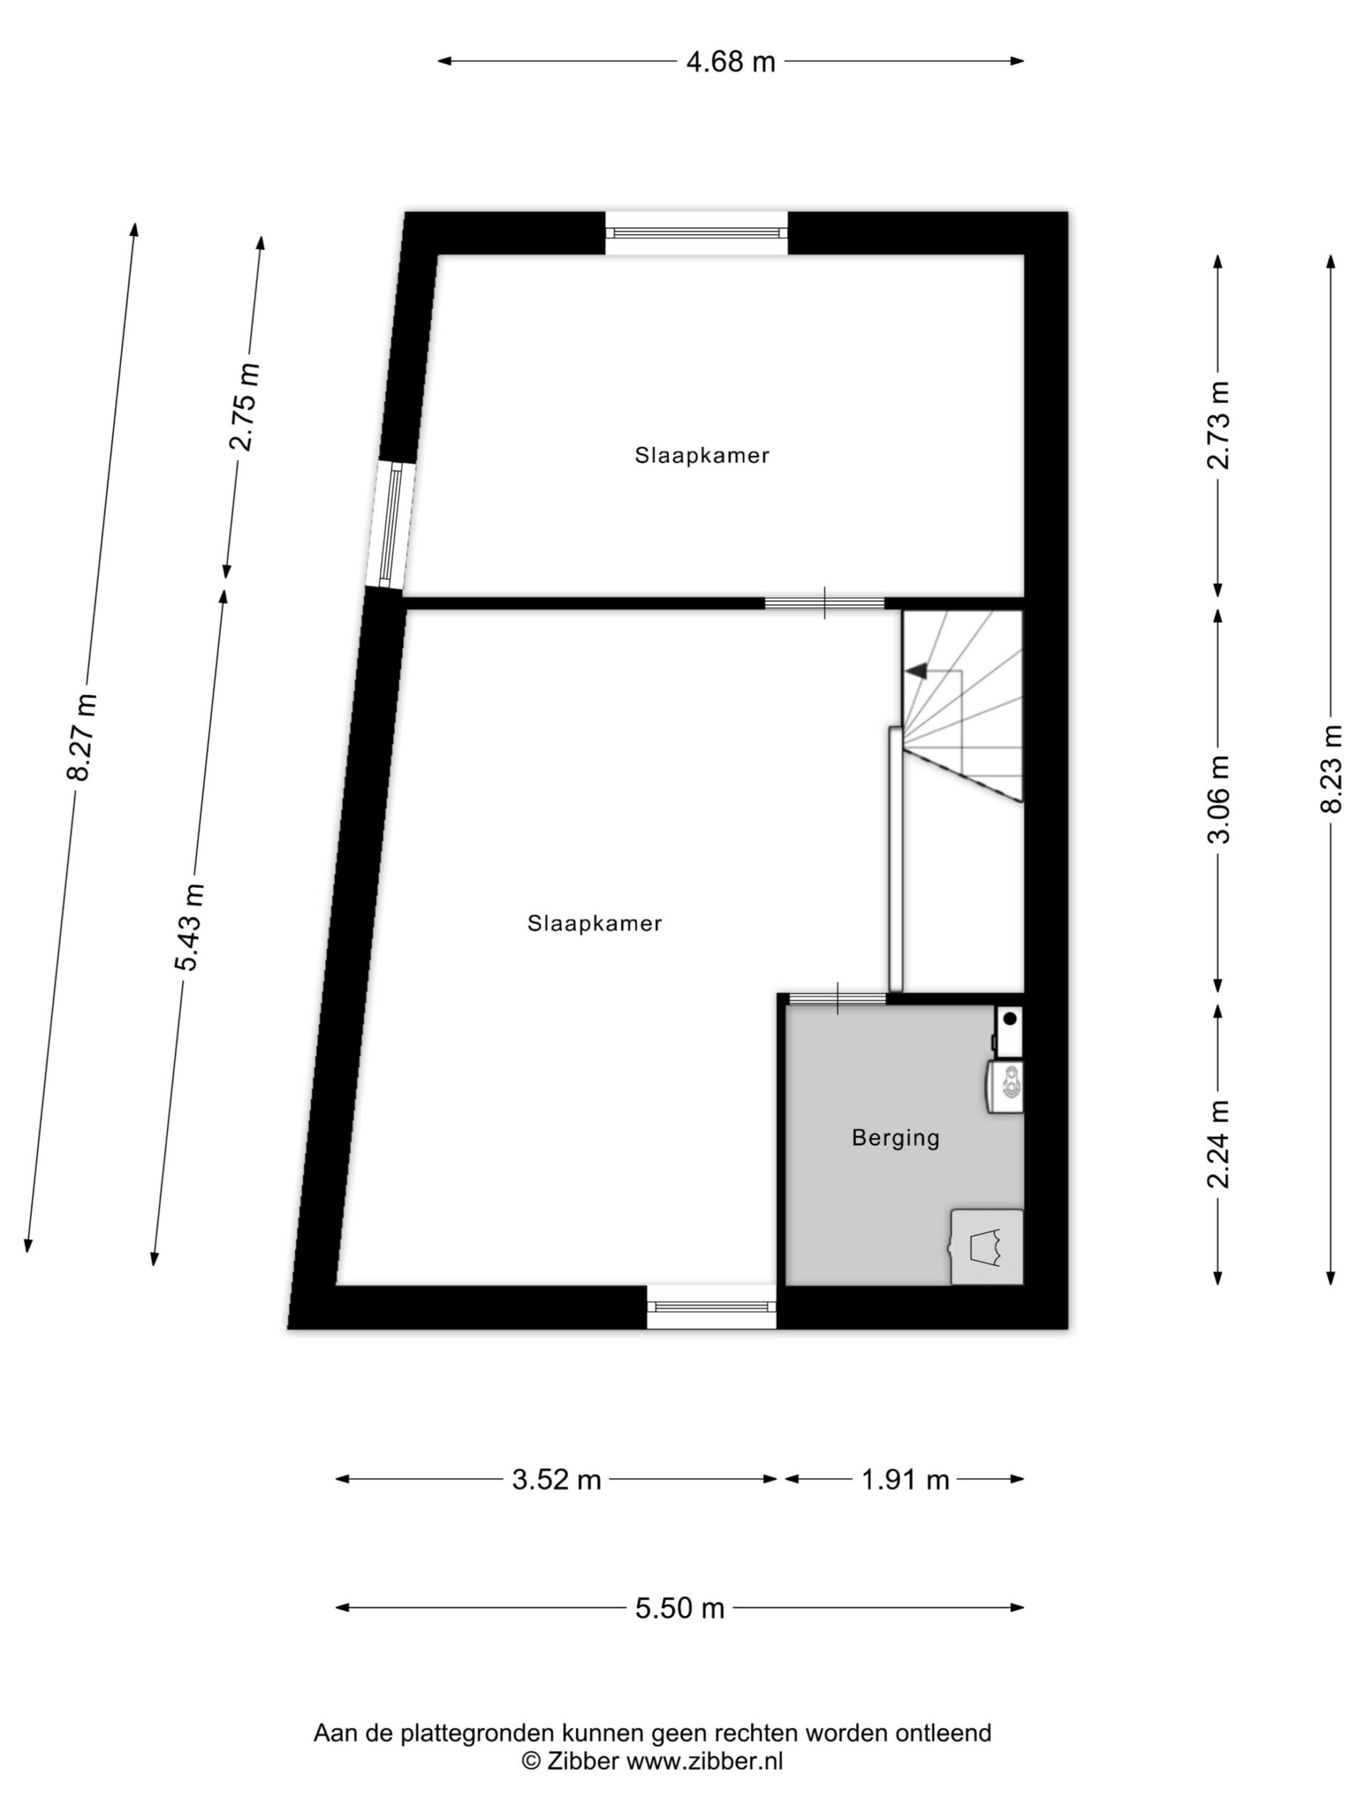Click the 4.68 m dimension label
[731, 62]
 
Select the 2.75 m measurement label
[245, 407]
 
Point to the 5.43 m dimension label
[189, 926]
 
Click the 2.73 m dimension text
[1218, 425]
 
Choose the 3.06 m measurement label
[1218, 799]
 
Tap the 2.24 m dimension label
[1218, 1145]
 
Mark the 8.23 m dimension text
[1330, 769]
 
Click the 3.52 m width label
[556, 1480]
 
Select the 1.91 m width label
[905, 1480]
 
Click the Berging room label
[895, 1139]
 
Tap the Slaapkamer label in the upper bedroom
[702, 455]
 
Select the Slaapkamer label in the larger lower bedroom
[595, 924]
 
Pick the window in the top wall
[696, 233]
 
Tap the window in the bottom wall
[711, 1306]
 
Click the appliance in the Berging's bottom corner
[987, 1246]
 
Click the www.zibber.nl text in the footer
[705, 1762]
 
